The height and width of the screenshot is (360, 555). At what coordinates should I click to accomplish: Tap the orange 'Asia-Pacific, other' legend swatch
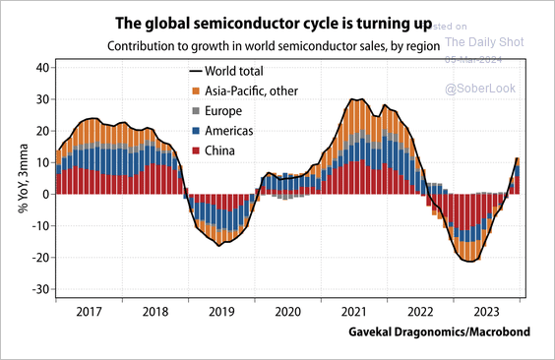(195, 91)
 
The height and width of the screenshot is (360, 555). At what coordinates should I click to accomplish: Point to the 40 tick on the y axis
(40, 68)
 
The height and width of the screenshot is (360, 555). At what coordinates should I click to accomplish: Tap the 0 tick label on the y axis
(44, 195)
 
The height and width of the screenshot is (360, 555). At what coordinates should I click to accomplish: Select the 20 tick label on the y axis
(40, 131)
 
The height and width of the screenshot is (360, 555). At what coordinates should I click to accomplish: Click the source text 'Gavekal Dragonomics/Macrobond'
(439, 332)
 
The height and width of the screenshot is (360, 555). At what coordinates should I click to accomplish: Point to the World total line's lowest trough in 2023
(469, 261)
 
